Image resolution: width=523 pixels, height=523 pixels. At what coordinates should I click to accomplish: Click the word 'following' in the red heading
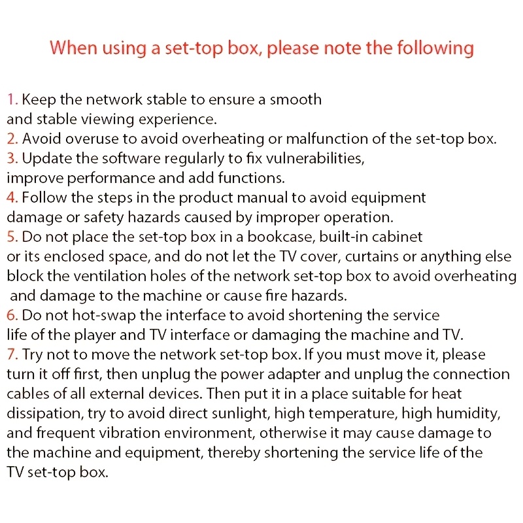pos(435,48)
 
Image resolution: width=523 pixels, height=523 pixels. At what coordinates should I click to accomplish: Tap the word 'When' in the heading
pos(73,47)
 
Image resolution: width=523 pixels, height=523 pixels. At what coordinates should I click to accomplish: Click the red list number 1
pos(12,99)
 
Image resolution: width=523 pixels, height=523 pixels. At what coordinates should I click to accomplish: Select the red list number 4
pos(12,197)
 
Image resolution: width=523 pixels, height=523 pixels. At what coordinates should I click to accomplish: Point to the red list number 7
pos(12,354)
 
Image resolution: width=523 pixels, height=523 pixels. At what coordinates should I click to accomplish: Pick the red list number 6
pos(12,315)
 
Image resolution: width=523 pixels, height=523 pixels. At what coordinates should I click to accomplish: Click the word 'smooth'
pos(295,99)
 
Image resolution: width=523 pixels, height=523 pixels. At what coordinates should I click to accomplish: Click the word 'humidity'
pos(467,414)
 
